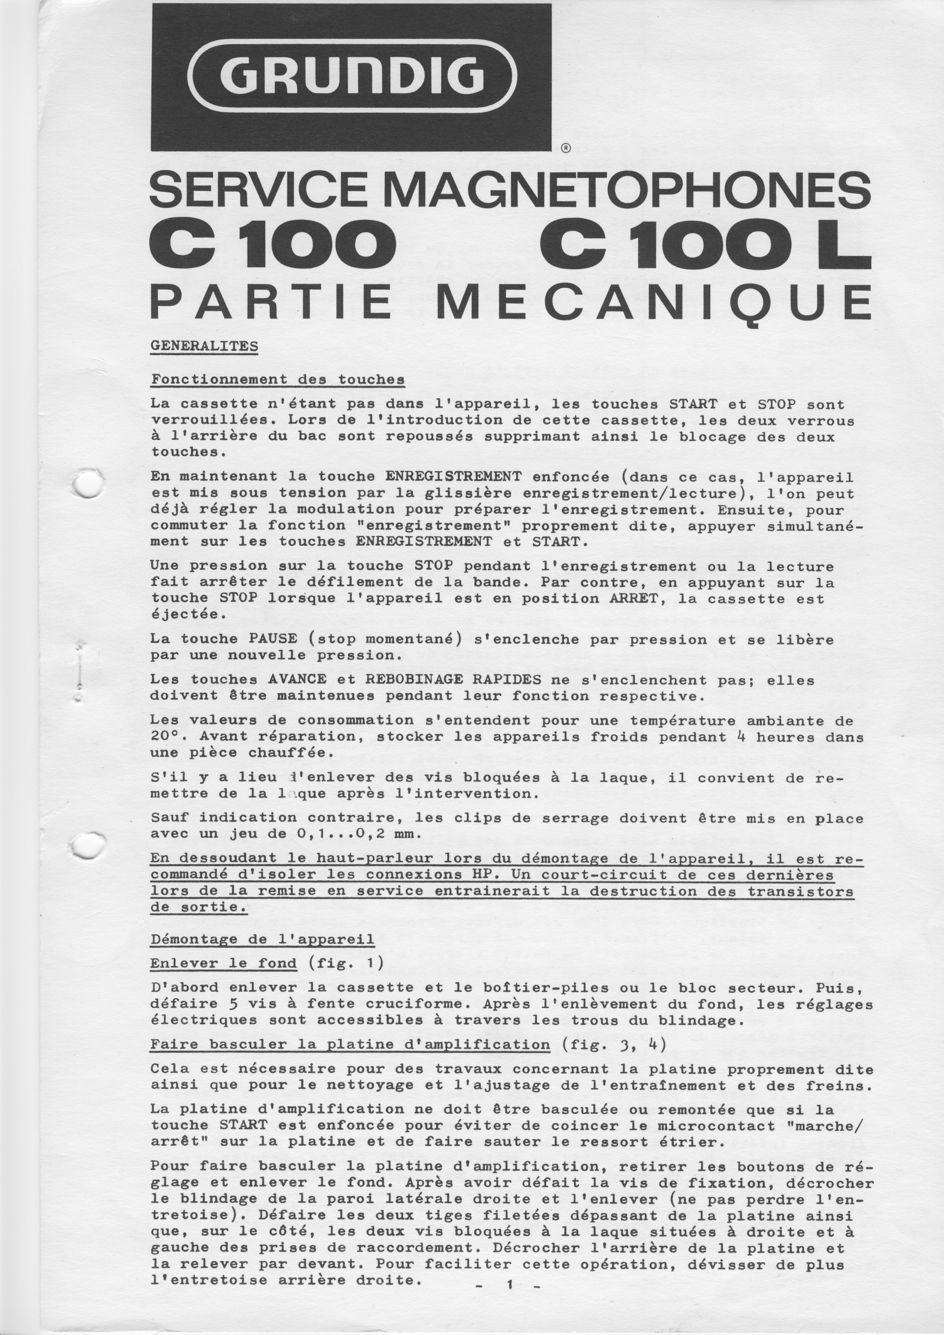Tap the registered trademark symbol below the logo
(x=566, y=148)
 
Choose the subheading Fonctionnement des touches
(x=277, y=380)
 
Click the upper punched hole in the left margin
(x=89, y=484)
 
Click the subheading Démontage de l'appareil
(x=262, y=939)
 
